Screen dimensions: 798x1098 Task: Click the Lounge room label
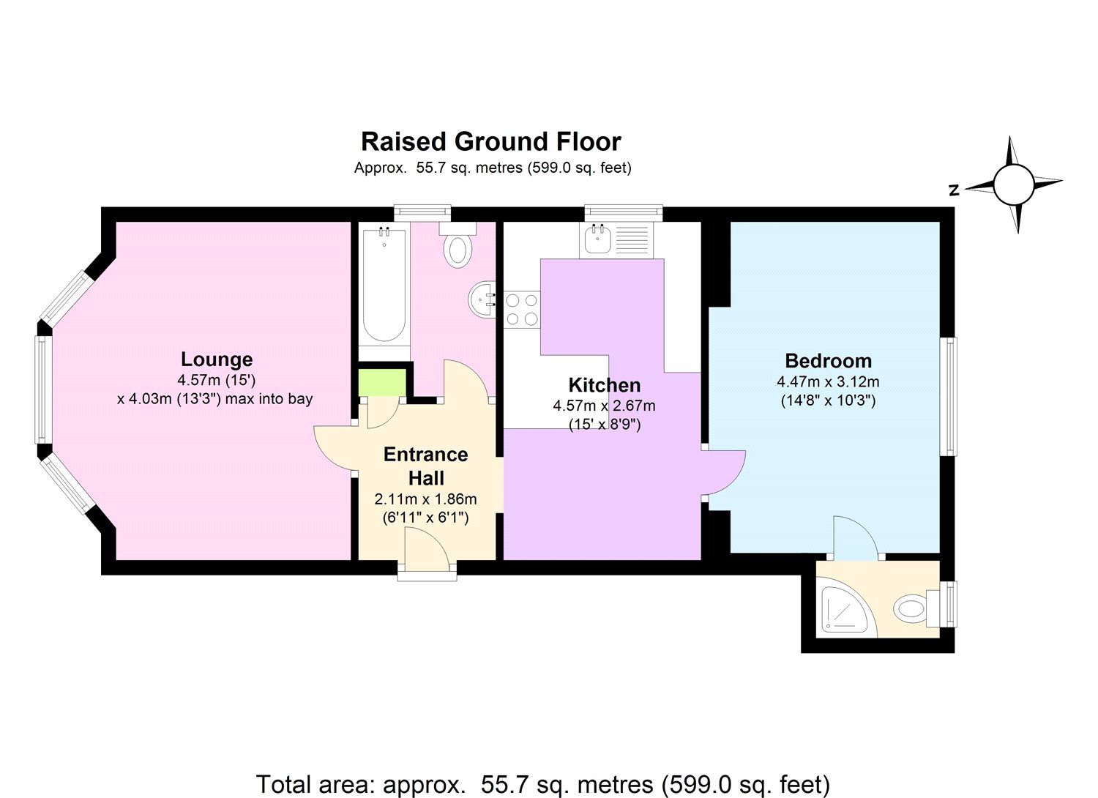point(217,359)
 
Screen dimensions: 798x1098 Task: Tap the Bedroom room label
point(828,361)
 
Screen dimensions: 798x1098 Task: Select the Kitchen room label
point(604,385)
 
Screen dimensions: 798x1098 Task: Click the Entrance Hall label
point(425,466)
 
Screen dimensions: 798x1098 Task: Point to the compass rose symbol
point(1014,184)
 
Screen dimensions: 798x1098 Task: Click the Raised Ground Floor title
point(491,141)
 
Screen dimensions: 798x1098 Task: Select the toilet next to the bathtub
point(458,246)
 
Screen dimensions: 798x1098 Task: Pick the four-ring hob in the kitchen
point(521,309)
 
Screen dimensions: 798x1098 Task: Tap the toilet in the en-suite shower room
point(912,608)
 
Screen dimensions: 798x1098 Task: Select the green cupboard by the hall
point(381,383)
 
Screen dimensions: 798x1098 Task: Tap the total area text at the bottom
point(542,784)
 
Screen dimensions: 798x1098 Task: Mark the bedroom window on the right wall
point(949,396)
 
